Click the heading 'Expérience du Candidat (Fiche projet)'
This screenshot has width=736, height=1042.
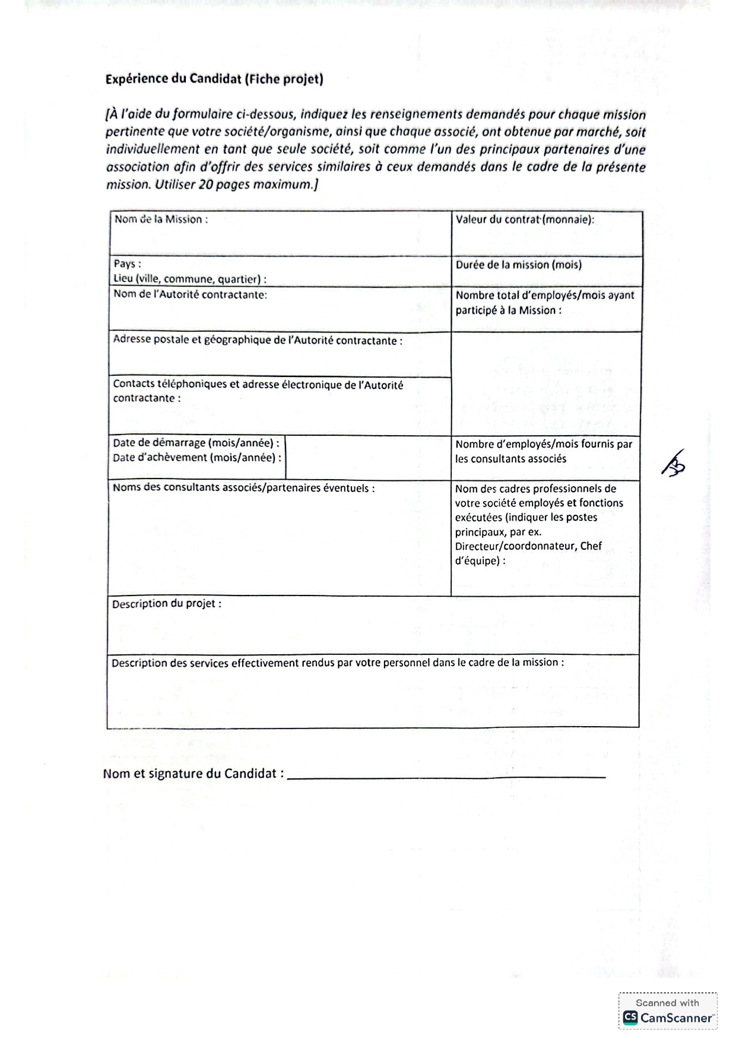[214, 79]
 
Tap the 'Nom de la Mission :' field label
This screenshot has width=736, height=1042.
[161, 220]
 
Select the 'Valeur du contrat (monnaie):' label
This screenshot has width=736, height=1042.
[525, 220]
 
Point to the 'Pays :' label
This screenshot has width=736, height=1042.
[127, 264]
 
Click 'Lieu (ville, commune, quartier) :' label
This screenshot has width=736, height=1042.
[189, 279]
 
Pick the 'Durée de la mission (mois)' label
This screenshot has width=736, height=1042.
[518, 265]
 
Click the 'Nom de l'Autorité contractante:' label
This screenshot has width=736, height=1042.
[190, 294]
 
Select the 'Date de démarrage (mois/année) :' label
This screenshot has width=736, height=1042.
[196, 443]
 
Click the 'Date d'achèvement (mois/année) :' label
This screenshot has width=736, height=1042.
[197, 458]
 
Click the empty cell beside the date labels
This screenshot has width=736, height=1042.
[367, 458]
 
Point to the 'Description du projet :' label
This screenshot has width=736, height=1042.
[166, 604]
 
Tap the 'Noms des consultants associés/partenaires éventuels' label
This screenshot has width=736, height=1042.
[243, 489]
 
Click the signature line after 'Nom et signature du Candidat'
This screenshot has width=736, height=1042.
[446, 775]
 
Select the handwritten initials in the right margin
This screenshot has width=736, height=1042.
[674, 463]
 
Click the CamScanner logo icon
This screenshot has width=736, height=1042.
[630, 1018]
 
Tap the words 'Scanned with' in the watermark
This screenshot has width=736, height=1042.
[667, 1003]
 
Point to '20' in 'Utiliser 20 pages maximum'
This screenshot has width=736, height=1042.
[205, 185]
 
